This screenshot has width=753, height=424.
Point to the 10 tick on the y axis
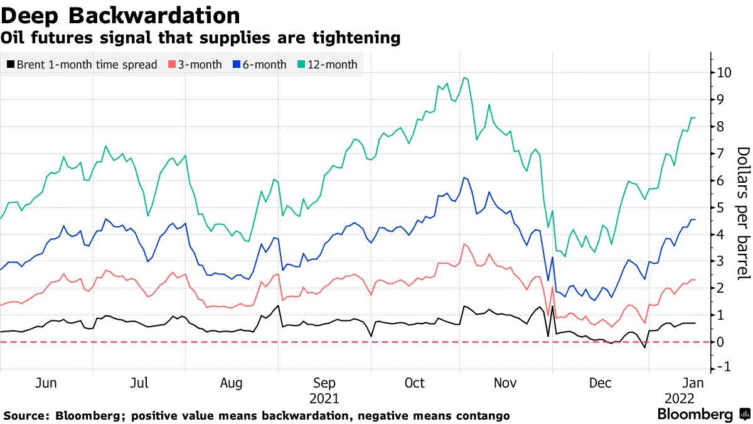pos(724,72)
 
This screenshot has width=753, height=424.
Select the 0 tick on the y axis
pos(720,342)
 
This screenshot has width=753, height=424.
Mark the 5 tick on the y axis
pos(720,207)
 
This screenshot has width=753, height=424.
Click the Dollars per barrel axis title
pos(742,213)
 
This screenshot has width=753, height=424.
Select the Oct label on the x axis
pos(415,383)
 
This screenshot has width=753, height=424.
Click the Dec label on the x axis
pos(601,383)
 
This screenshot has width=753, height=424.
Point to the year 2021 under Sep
pos(324,398)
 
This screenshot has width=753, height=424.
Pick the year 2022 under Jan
pos(680,398)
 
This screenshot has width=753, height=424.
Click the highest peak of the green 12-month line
pos(464,78)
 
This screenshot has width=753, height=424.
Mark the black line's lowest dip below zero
pos(644,347)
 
